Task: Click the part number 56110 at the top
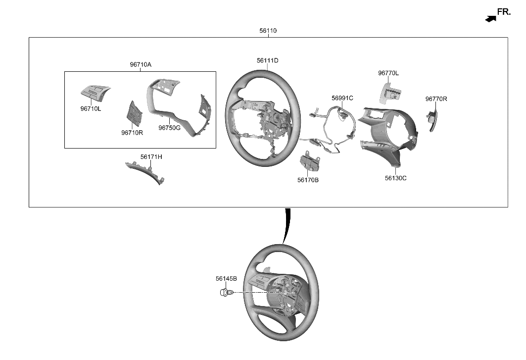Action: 268,31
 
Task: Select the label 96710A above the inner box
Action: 141,65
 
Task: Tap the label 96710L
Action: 91,108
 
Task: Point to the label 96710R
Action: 132,132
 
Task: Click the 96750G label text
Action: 169,128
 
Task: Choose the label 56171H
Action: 151,157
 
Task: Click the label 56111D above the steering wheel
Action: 267,61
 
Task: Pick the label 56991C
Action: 342,98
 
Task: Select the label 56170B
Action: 308,180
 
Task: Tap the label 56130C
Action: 395,178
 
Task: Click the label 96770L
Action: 388,73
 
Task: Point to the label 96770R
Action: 436,99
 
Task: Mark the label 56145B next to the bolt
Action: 226,279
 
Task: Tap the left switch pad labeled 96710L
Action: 95,92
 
